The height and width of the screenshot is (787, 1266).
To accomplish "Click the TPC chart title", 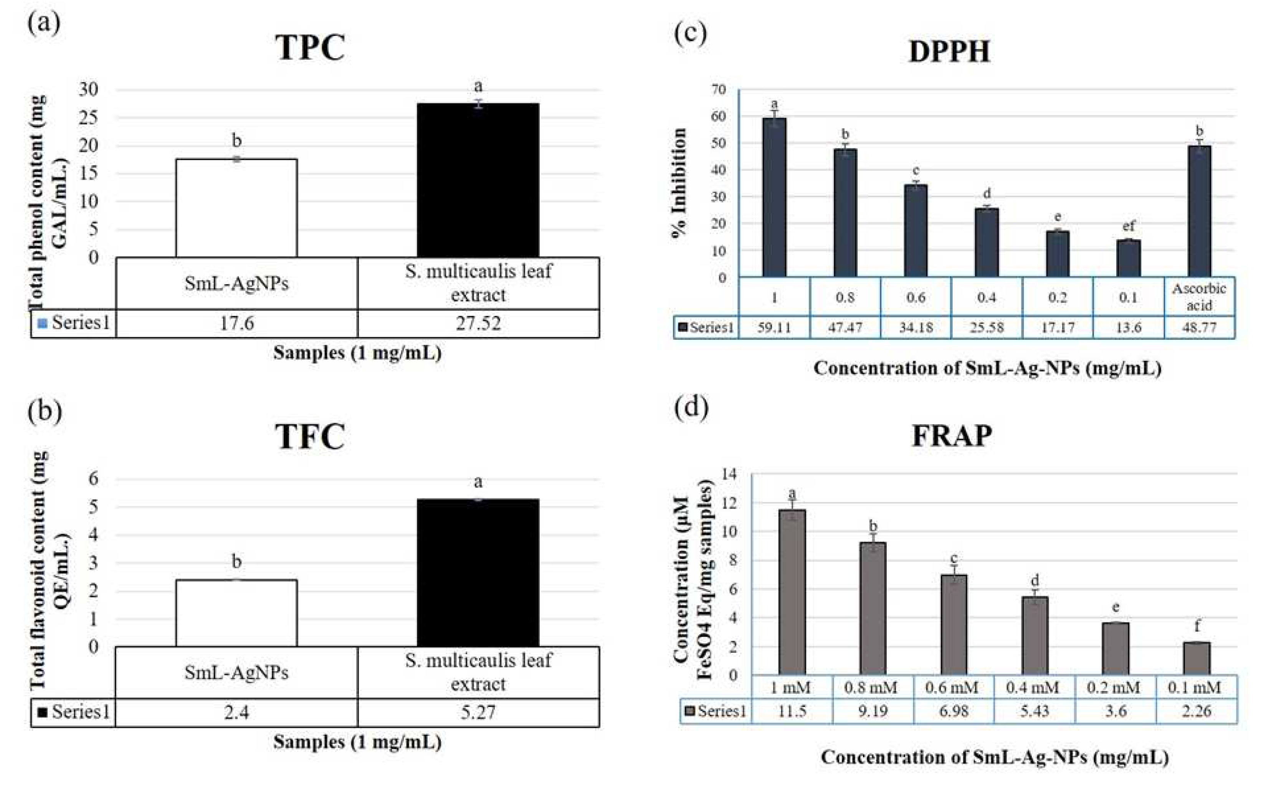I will (x=310, y=48).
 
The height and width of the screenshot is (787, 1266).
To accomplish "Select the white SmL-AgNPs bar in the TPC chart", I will (x=237, y=208).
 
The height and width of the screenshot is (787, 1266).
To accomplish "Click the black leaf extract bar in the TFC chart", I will (x=478, y=572).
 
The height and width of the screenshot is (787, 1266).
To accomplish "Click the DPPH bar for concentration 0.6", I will (x=916, y=231).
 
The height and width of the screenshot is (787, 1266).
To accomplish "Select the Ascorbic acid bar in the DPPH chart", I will (x=1199, y=211).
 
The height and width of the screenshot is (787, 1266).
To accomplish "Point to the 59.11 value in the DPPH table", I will (x=774, y=328).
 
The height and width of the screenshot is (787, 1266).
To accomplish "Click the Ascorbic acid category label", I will (x=1199, y=297).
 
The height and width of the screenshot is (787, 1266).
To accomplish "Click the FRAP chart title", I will (x=952, y=436).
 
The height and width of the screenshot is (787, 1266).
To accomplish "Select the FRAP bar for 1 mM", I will (x=792, y=592).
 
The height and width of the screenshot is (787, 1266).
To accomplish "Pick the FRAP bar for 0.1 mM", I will (x=1196, y=658).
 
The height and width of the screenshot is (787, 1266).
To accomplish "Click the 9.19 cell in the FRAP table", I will (x=873, y=711).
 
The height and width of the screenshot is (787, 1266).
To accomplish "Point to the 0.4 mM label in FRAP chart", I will (x=1033, y=688).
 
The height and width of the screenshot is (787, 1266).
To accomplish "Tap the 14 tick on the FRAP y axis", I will (x=730, y=474).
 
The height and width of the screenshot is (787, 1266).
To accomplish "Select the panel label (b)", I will (x=45, y=411).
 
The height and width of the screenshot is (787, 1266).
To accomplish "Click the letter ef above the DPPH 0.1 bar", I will (x=1129, y=226).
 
